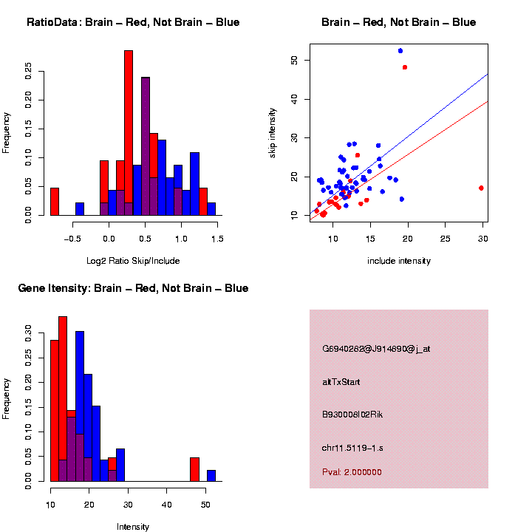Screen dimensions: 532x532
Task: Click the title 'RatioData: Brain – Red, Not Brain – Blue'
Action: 133,22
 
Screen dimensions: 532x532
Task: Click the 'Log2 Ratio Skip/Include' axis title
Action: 133,260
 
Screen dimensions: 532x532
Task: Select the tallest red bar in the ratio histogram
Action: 129,133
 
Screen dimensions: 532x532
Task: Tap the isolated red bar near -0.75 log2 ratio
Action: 54,201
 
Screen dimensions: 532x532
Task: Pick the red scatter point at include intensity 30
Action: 481,188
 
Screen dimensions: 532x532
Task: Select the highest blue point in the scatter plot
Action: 400,50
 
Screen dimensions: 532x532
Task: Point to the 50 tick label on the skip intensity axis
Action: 294,60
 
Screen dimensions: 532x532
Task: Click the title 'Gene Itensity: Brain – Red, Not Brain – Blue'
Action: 133,288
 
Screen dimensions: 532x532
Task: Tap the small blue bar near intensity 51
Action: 211,475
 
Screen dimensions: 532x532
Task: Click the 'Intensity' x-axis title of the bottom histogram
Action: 133,527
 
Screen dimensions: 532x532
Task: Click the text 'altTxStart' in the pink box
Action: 341,382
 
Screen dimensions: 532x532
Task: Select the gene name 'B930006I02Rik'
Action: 352,415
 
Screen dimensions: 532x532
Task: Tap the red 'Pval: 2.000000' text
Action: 352,471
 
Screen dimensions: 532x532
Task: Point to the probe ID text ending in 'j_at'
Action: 375,349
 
